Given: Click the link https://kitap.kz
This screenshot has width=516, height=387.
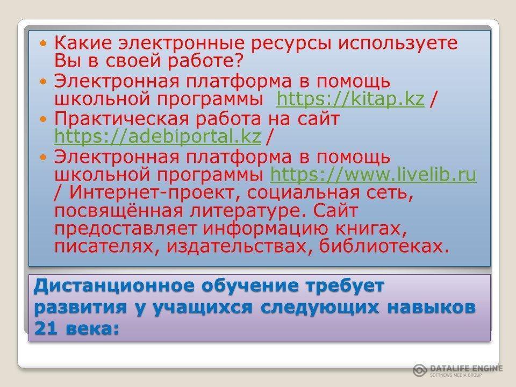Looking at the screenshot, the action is [350, 99].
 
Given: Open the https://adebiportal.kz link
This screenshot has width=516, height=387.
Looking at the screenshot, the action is [157, 136].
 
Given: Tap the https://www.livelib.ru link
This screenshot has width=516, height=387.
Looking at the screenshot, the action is [373, 174].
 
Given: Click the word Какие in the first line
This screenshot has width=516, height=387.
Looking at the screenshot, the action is [83, 43].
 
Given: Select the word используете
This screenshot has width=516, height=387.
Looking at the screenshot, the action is [398, 44].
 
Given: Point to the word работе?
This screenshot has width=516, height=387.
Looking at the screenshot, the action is [205, 61].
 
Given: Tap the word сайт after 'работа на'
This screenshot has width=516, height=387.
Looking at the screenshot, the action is [318, 118].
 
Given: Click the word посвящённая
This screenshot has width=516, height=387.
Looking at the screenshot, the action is [118, 211].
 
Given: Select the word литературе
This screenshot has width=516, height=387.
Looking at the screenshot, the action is [245, 211].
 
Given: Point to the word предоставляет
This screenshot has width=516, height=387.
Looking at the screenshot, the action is [125, 229].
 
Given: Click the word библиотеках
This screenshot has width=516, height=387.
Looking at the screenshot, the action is [384, 246].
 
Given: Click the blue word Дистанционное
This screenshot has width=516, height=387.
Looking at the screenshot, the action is [114, 285].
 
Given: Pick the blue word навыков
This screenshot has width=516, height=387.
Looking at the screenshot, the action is [431, 307].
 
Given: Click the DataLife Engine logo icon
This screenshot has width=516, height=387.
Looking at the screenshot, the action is [420, 370].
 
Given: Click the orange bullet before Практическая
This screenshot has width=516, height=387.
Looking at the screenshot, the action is [44, 119].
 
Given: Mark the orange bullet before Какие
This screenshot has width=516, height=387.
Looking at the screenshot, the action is [44, 44].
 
